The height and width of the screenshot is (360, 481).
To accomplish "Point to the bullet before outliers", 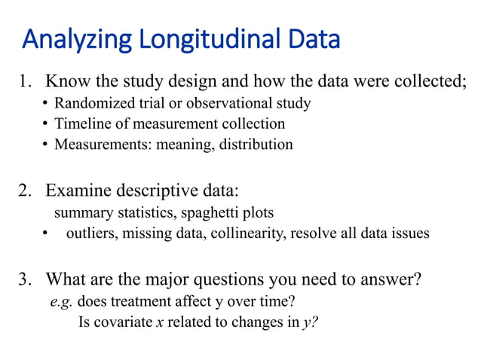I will (x=47, y=233).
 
